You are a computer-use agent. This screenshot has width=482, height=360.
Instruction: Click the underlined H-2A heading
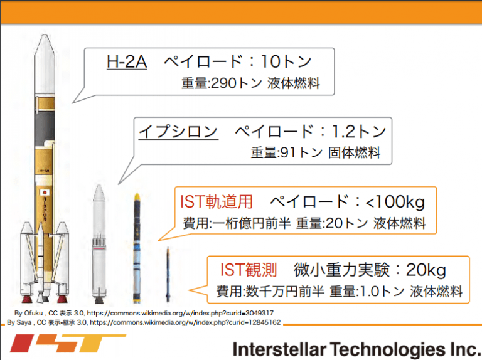127,61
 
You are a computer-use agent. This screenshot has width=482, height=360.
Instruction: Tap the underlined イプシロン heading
178,132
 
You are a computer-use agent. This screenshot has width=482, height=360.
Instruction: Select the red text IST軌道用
216,202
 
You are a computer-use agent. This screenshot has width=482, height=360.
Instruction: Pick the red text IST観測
249,270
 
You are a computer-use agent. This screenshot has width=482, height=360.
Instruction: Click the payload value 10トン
286,61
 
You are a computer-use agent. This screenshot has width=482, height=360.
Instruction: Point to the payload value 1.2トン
359,131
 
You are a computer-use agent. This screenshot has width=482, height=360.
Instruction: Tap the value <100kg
395,202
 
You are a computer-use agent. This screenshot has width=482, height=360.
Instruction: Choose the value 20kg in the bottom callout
426,270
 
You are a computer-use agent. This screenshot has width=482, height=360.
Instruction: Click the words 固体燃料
355,152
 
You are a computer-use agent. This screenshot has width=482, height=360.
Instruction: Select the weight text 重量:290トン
222,83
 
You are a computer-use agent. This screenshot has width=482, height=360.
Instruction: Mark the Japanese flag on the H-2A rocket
45,193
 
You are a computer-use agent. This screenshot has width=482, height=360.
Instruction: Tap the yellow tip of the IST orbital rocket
137,197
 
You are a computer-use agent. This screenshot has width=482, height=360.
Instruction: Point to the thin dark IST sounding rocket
168,274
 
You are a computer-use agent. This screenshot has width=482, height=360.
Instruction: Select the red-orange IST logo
68,343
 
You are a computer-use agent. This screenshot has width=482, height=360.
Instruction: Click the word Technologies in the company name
388,349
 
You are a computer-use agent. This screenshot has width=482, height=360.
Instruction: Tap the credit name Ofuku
33,313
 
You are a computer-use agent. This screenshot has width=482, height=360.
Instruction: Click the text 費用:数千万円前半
270,291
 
